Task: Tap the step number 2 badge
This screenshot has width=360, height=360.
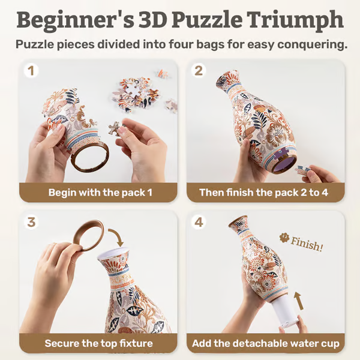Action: [x=199, y=71]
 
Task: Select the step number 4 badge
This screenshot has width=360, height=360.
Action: [x=199, y=222]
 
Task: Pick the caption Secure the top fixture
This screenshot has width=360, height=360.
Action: [x=98, y=344]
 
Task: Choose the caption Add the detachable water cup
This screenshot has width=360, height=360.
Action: [x=266, y=344]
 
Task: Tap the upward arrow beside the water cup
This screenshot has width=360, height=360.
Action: [x=298, y=300]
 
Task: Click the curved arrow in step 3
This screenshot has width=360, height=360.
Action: [x=118, y=239]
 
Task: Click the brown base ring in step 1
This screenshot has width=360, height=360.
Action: [x=89, y=158]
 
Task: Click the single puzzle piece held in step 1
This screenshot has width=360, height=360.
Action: [x=113, y=128]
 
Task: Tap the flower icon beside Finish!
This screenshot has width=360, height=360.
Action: [x=284, y=238]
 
